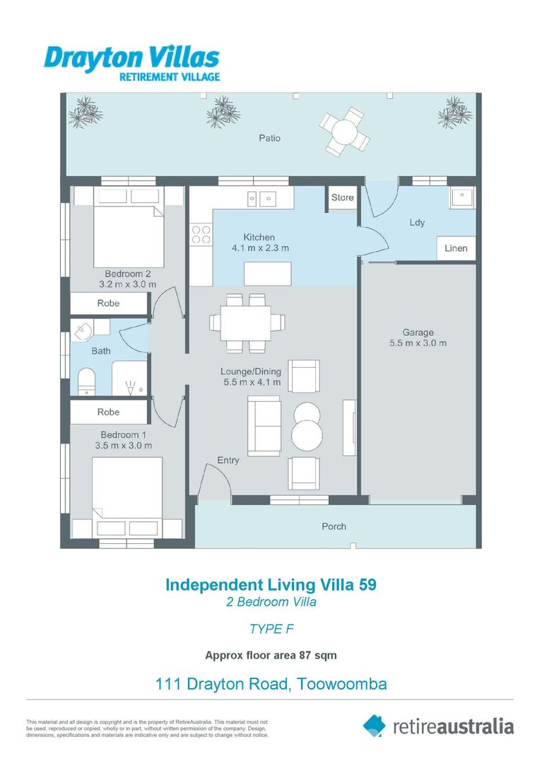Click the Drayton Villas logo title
coord(131,56)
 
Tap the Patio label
coord(269,138)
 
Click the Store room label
coord(342,197)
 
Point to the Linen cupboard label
coord(456,248)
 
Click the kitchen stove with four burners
coord(201,234)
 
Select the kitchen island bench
coord(269,272)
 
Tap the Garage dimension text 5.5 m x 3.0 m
coord(418,343)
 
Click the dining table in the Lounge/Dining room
coord(247,323)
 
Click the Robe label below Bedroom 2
coord(108,303)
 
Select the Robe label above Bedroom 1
coord(108,412)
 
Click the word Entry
coord(228,461)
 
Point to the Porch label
coord(334,526)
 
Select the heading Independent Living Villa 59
coord(271,585)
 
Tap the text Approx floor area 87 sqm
coord(271,655)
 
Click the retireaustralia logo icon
coord(374,725)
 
